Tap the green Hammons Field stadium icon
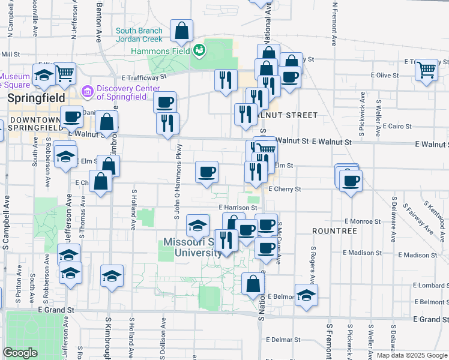click(199, 51)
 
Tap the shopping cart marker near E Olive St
click(426, 71)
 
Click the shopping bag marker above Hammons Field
click(181, 31)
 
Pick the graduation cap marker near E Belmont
click(306, 295)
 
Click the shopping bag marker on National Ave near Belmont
click(253, 283)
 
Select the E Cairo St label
click(393, 127)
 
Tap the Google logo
click(20, 353)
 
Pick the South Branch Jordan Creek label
click(139, 35)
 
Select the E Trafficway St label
click(144, 77)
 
